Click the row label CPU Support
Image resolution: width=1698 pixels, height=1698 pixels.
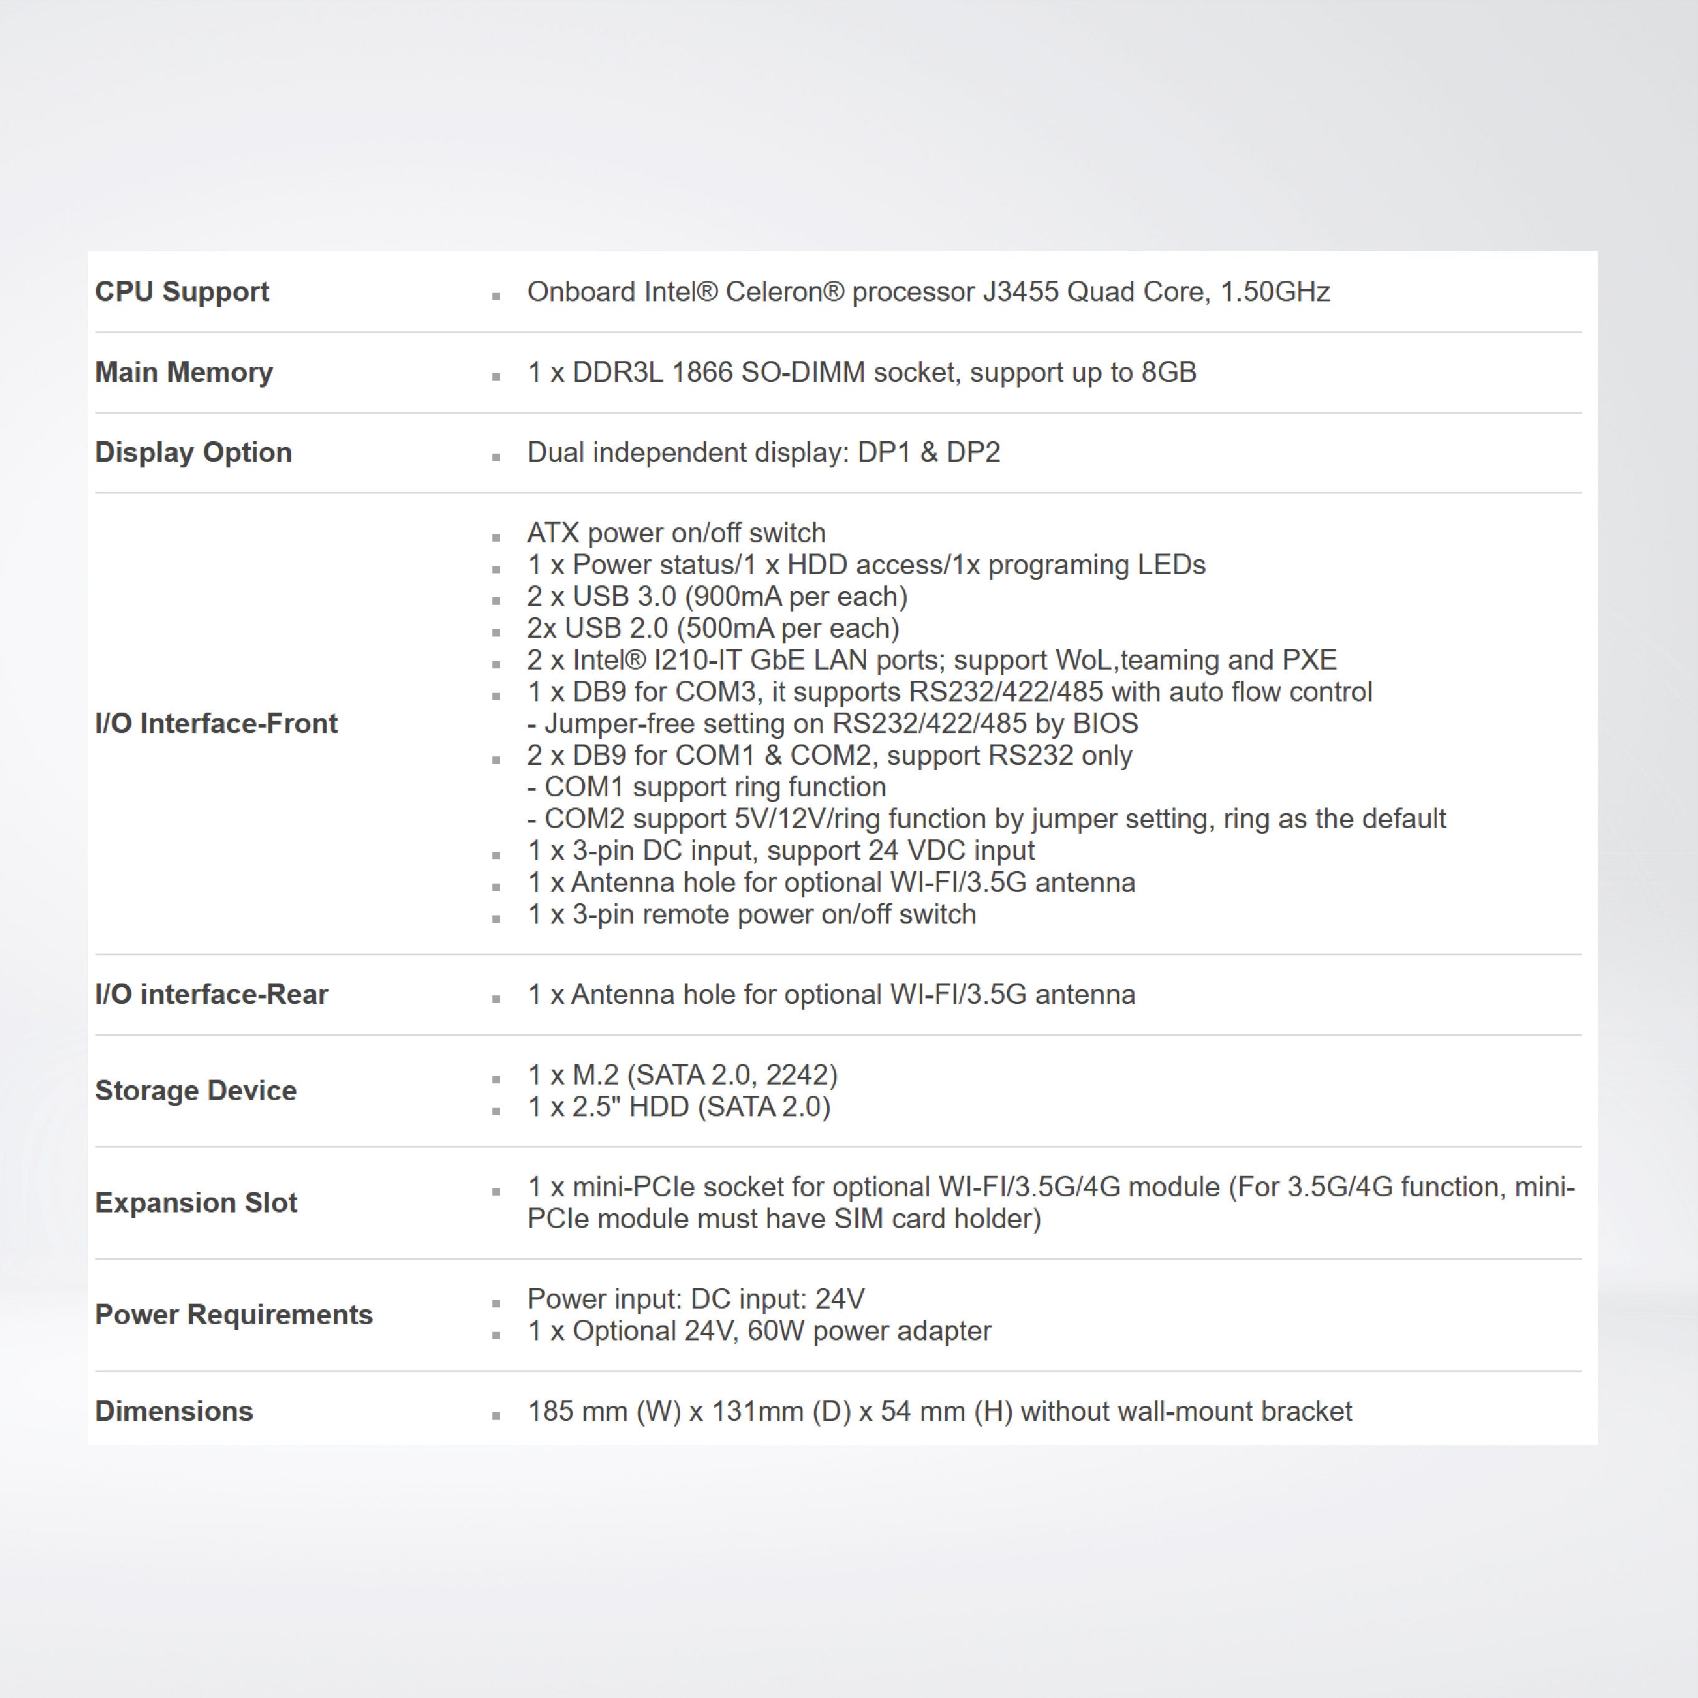click(182, 292)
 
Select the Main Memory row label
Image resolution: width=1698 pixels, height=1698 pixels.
click(183, 373)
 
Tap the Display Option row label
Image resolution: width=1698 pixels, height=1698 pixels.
click(193, 452)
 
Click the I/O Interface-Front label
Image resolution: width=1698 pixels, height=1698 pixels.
click(216, 723)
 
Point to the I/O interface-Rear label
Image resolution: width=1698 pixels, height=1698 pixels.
click(211, 994)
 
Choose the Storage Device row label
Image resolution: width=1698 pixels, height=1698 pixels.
click(196, 1091)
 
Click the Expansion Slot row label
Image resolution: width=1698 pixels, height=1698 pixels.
click(196, 1203)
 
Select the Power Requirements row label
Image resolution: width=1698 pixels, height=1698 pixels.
click(234, 1315)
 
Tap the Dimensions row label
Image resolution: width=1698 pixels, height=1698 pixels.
click(174, 1412)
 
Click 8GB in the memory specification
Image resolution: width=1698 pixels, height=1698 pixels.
click(1168, 373)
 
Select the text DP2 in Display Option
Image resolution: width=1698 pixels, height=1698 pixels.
click(973, 452)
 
